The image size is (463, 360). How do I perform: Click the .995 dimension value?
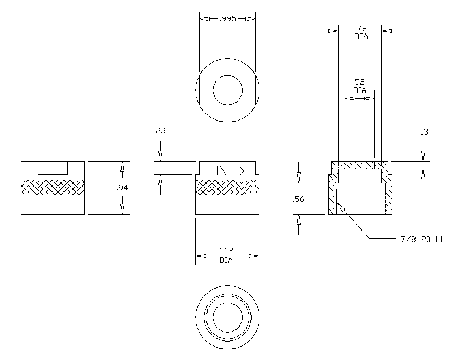(x=228, y=18)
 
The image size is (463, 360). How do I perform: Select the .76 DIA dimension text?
(x=361, y=32)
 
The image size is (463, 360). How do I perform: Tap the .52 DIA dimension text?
(x=360, y=87)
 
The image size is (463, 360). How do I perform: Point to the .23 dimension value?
(x=160, y=131)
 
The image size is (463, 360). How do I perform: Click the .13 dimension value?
(x=423, y=132)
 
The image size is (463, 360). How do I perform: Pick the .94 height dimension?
(x=122, y=188)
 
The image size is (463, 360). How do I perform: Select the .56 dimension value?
(x=298, y=199)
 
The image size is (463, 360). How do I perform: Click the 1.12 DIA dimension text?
(x=226, y=256)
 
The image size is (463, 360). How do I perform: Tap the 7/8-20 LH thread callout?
(x=423, y=239)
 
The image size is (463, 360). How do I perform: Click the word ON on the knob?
(x=219, y=170)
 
